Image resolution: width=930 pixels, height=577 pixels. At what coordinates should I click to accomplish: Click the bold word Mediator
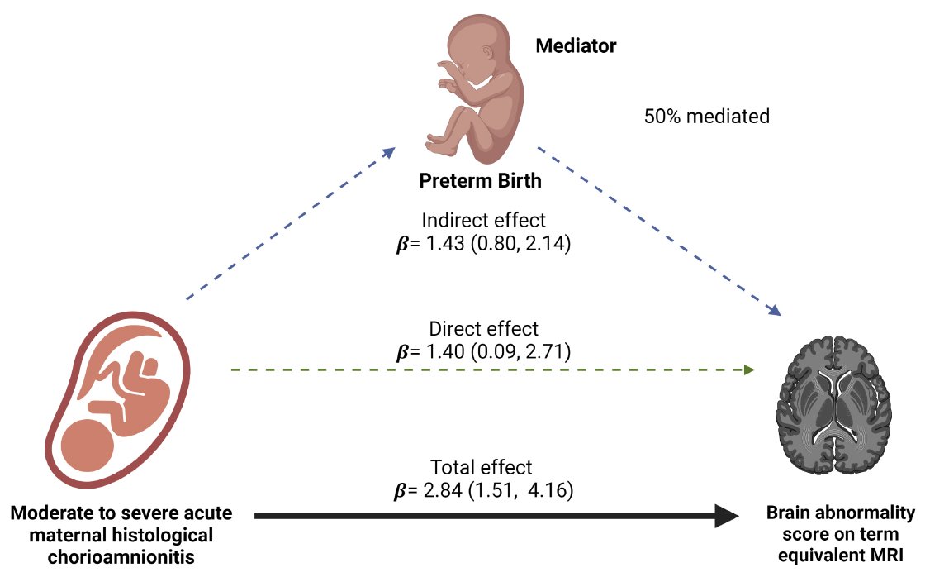[x=576, y=45]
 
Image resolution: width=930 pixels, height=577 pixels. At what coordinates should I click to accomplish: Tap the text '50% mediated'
[x=706, y=116]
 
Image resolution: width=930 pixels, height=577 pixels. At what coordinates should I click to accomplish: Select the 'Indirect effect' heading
[x=483, y=221]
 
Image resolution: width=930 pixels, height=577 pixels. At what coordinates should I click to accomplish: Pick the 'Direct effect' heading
[x=483, y=328]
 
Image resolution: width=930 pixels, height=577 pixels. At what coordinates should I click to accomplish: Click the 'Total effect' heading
[x=482, y=467]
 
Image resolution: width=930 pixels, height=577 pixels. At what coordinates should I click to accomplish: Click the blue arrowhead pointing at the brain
[x=775, y=311]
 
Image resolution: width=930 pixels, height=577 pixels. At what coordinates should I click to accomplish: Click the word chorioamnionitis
[x=121, y=556]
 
